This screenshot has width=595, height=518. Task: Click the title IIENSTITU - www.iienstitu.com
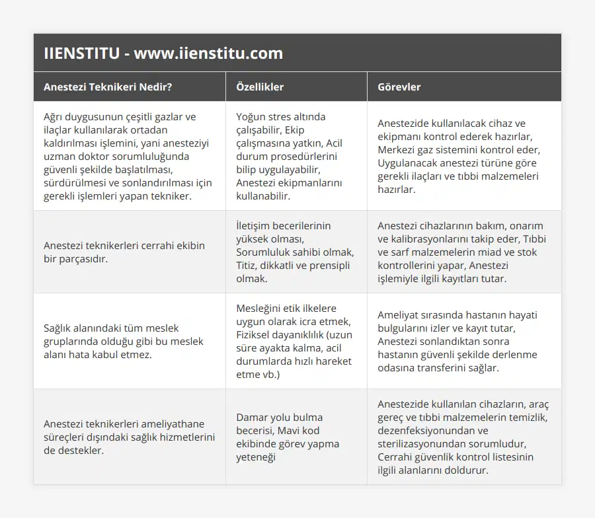pos(163,54)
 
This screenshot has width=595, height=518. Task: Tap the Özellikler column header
pos(260,87)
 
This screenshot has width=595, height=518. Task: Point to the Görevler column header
pos(399,87)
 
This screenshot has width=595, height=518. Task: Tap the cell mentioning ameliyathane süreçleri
pos(129,437)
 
